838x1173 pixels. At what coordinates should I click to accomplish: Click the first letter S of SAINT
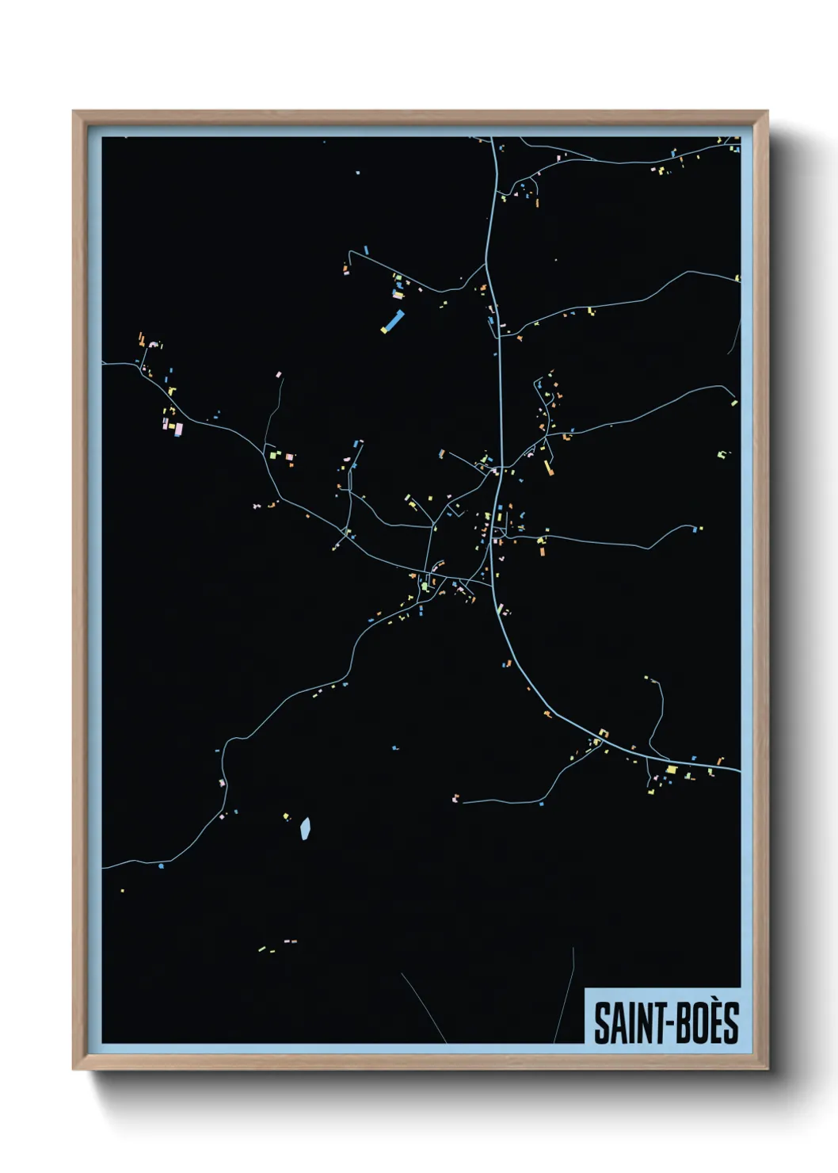600,1023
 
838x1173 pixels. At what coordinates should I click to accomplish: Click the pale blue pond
305,828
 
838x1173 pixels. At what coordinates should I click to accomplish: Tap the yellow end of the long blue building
384,331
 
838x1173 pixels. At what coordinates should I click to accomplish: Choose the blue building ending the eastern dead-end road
699,527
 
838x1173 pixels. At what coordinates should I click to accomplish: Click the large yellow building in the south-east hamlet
672,769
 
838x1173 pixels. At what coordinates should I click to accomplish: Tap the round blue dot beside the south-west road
162,865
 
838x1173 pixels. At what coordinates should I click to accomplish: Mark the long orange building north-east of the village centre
548,467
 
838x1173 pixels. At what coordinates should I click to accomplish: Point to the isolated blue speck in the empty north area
358,171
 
